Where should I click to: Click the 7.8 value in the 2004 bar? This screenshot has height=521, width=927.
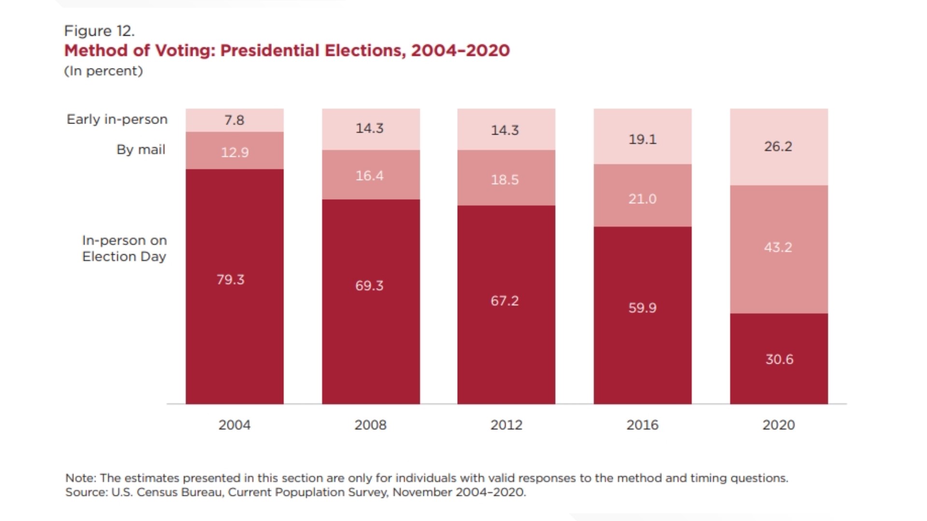point(234,120)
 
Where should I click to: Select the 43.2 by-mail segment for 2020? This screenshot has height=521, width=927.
point(778,247)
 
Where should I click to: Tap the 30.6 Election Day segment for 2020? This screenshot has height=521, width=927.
point(779,359)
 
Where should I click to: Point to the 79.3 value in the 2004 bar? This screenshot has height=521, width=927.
point(230,280)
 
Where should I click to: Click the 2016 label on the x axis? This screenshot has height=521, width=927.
point(642,425)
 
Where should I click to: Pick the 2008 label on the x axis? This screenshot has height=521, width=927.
point(370,425)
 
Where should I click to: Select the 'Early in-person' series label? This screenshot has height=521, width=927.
point(117,119)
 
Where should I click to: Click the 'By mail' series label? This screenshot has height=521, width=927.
point(140,150)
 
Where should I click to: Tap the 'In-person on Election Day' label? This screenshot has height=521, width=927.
point(124,248)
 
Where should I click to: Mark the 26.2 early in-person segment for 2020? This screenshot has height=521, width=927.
point(778,147)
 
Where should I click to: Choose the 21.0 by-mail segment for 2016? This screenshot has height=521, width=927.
point(642,199)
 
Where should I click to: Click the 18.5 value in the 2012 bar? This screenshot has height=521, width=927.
point(505,180)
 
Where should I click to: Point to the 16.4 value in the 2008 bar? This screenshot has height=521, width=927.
point(369,176)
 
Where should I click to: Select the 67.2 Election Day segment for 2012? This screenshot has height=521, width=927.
point(505,301)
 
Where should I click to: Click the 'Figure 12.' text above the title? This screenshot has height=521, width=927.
point(99,31)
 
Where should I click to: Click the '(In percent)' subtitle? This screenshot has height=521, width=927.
point(103,71)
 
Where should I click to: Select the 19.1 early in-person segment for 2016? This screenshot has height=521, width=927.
point(642,139)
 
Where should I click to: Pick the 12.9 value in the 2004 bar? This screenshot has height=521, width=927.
point(235,152)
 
